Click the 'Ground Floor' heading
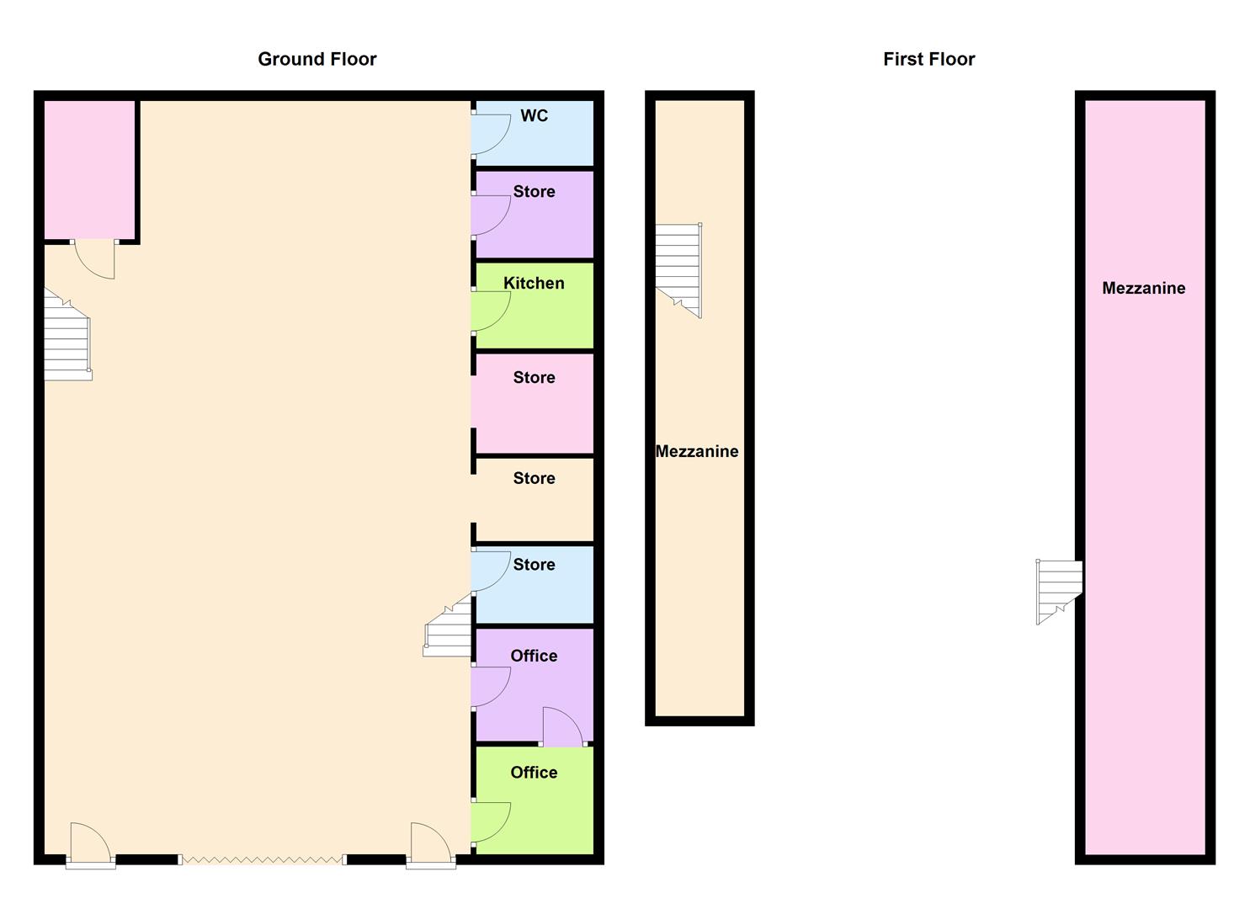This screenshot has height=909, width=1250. point(317,59)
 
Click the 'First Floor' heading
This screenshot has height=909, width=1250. point(929,59)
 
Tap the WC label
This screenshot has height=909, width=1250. point(534,115)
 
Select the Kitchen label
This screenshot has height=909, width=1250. point(534,283)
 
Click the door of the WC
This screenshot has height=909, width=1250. point(491,134)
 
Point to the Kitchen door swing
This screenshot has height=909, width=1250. point(491,311)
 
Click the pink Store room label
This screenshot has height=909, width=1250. point(534,377)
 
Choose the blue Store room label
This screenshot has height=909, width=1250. point(534,564)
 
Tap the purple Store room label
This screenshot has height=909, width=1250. point(534,191)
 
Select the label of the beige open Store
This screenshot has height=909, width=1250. point(534,478)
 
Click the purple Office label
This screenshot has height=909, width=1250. point(534,656)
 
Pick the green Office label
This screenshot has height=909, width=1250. point(534,773)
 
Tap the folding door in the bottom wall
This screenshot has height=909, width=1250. point(263,860)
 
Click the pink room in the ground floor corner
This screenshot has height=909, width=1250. point(90,170)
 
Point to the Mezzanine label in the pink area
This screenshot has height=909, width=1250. point(1143,288)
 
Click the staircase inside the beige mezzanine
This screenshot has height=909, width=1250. point(678,270)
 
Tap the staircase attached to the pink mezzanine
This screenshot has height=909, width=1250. point(1059,592)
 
